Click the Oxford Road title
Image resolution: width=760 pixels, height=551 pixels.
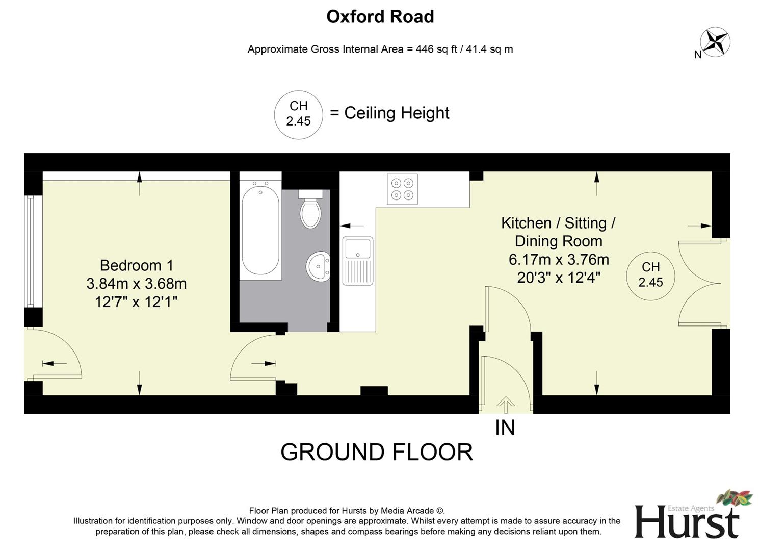point(380,17)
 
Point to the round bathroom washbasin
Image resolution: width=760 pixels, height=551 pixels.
point(319,266)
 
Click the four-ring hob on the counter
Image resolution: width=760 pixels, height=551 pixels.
point(402,189)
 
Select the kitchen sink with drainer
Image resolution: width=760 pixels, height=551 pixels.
point(358,260)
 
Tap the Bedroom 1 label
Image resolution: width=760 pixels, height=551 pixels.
point(137,265)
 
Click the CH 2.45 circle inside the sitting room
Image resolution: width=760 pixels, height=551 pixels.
point(650,275)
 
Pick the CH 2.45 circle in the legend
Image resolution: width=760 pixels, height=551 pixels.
point(298,114)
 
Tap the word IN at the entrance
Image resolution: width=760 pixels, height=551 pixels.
point(505,428)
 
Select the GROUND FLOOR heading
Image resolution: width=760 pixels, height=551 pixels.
point(377,452)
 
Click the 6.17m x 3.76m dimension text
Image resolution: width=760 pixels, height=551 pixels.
point(559,260)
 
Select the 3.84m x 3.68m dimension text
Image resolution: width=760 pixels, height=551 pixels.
point(137,284)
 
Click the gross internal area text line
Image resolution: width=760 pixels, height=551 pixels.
point(380,49)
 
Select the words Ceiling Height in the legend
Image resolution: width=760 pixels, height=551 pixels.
point(397,113)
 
